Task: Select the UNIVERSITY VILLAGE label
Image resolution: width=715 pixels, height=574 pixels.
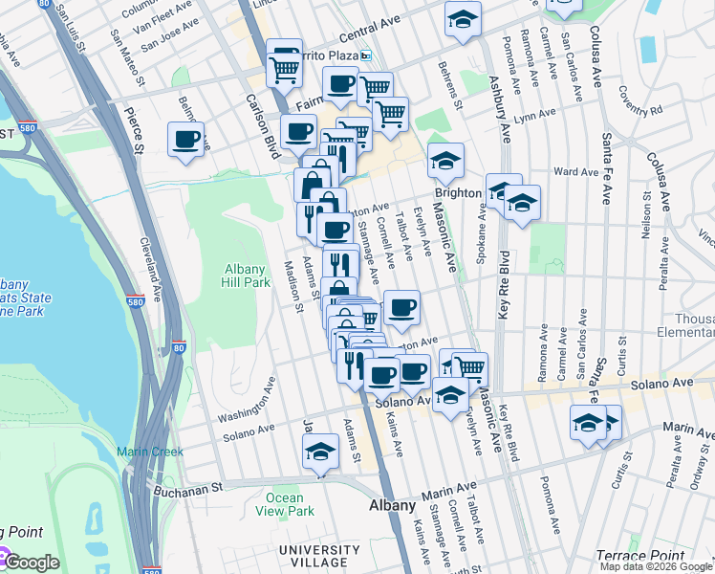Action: pos(319,556)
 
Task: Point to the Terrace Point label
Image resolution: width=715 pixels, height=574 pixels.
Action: pos(639,555)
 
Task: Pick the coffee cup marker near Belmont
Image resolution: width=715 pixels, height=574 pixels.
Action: pos(185,138)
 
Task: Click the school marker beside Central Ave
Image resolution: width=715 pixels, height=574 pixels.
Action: pos(463,18)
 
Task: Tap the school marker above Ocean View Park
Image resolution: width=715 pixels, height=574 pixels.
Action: pos(321,451)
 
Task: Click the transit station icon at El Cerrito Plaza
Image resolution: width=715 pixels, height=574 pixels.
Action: pos(365,55)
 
